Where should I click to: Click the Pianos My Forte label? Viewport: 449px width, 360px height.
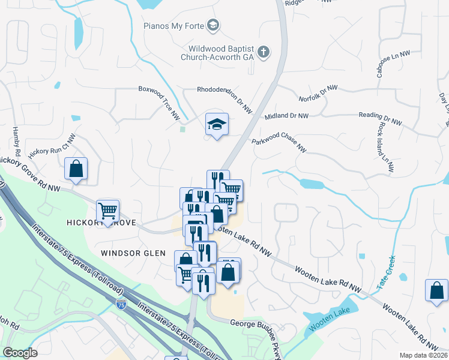[x=173, y=26]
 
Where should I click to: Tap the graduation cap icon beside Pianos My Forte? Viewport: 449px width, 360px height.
[x=212, y=25]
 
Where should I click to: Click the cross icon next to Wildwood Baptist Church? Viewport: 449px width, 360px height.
[x=263, y=52]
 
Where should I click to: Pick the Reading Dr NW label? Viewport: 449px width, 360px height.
[x=379, y=118]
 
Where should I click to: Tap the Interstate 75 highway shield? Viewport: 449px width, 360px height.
[x=122, y=305]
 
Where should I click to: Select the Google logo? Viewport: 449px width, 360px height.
[x=20, y=353]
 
